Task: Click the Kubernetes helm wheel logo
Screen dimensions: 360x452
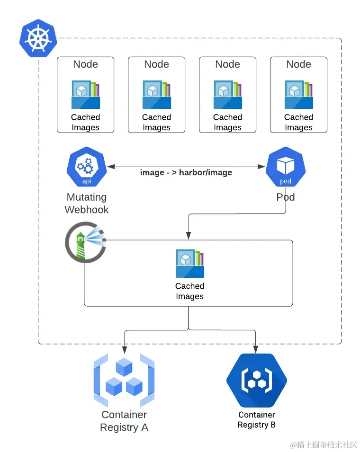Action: tap(38, 38)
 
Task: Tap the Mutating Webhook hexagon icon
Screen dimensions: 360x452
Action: tap(87, 167)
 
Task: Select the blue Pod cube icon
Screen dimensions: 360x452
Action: tap(285, 167)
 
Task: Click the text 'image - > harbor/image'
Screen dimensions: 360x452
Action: tap(186, 172)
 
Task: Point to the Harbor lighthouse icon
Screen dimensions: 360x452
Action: tap(86, 242)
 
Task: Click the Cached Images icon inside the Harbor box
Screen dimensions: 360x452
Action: tap(190, 264)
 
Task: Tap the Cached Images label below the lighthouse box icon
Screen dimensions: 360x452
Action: tap(190, 291)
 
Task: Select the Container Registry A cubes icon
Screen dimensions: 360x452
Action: tap(124, 380)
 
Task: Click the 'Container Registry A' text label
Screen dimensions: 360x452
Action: tap(124, 421)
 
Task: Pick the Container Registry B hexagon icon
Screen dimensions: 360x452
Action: tap(257, 380)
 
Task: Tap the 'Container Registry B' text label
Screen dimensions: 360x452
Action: tap(257, 420)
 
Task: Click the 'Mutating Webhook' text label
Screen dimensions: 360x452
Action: tap(87, 203)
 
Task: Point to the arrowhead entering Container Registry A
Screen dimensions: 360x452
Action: tap(124, 350)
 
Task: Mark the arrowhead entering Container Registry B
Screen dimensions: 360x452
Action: tap(256, 350)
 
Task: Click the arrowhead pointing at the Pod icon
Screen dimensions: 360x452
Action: tap(261, 167)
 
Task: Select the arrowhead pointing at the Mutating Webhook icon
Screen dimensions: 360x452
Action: tap(111, 167)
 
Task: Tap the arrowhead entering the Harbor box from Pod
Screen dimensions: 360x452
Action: tap(189, 236)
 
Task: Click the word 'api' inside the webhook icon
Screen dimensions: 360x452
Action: tap(87, 181)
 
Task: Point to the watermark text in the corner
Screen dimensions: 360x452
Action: tap(323, 445)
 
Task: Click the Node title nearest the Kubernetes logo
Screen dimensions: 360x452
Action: tap(85, 64)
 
